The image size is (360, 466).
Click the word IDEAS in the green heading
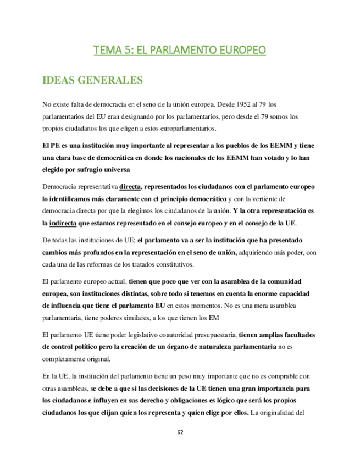pos(60,80)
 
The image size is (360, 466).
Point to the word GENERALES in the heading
pos(112,80)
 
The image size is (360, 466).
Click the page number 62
pos(180,432)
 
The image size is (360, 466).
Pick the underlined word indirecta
pos(63,223)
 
